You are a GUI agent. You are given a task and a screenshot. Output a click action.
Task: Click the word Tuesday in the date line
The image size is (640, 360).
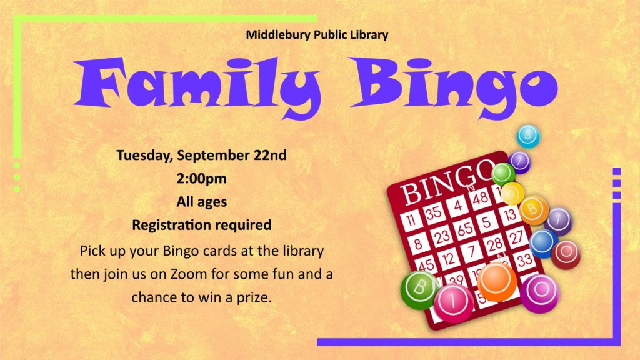pyautogui.click(x=144, y=156)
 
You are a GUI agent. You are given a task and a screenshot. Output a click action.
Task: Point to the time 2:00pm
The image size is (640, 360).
pyautogui.click(x=202, y=179)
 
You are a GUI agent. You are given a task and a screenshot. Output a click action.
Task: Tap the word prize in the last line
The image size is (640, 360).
pyautogui.click(x=254, y=297)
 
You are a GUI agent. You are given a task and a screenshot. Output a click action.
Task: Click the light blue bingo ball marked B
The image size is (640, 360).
pyautogui.click(x=528, y=136)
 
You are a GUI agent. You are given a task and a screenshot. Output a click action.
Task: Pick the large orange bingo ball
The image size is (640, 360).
pyautogui.click(x=497, y=282)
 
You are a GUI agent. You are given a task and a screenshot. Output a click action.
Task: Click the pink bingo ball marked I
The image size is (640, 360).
pyautogui.click(x=454, y=303)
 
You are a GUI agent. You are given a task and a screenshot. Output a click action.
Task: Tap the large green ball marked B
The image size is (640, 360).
pyautogui.click(x=419, y=290)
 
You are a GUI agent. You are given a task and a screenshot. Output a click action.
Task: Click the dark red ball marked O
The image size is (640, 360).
pyautogui.click(x=566, y=255)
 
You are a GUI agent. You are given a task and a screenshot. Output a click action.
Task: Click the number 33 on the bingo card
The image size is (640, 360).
pyautogui.click(x=524, y=260)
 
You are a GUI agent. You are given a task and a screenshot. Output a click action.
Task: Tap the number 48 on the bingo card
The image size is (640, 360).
pyautogui.click(x=481, y=198)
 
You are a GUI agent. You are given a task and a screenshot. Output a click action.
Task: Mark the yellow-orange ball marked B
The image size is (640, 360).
pyautogui.click(x=534, y=210)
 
